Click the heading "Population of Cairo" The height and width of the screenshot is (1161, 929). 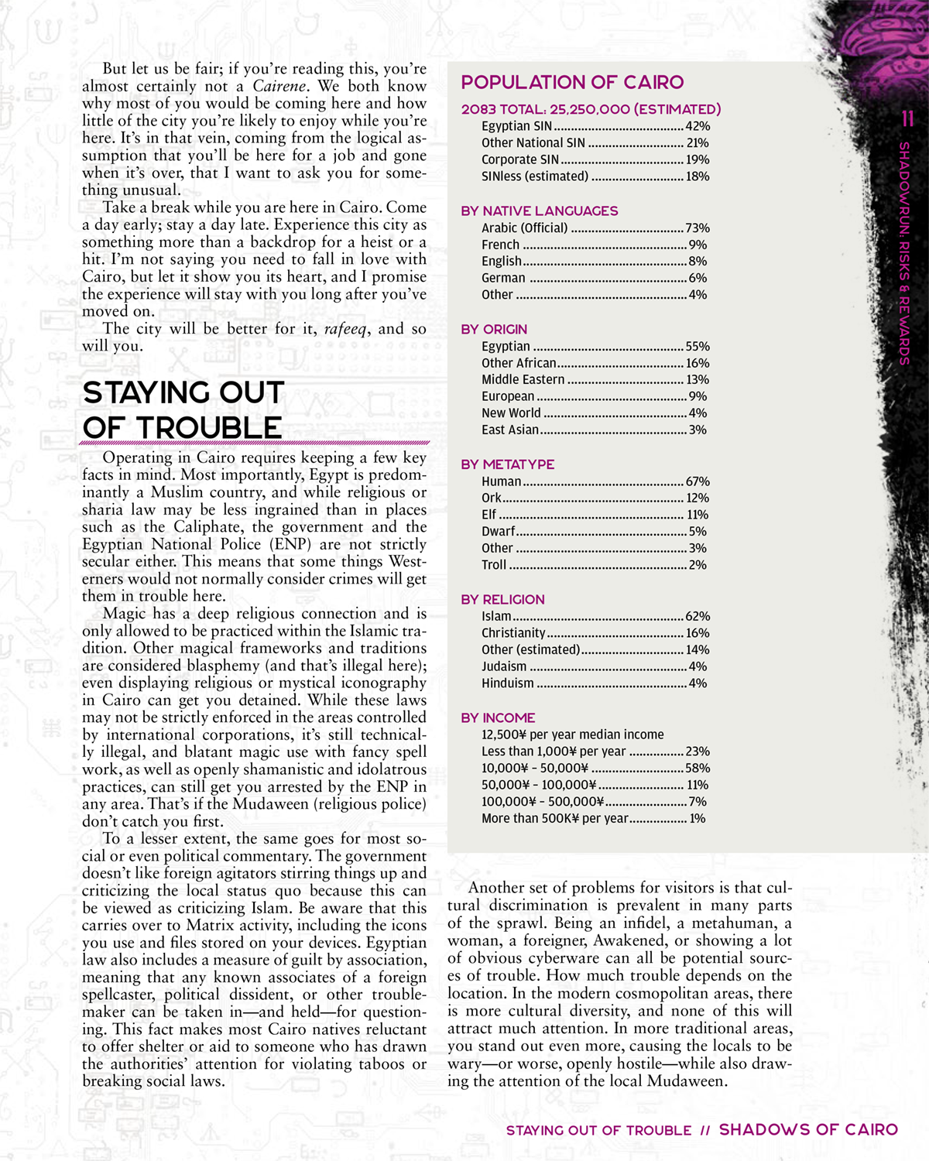pos(572,83)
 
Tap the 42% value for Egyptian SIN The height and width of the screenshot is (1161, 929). pos(698,126)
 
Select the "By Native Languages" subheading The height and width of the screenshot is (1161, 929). pos(539,211)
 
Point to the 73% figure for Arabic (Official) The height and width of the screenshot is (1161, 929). pos(698,228)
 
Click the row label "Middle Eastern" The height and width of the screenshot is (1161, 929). pos(523,380)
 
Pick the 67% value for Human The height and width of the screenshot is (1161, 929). pos(698,481)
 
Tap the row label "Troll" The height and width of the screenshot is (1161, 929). pos(493,565)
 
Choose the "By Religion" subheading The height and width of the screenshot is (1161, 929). pos(502,600)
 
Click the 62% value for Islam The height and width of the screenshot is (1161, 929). pos(698,617)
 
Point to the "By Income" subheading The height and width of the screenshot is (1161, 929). pos(498,718)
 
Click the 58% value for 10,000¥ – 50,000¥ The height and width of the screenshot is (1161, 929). pos(698,769)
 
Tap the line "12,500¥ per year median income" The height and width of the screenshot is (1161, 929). pos(572,735)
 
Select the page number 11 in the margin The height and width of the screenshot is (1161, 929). pos(907,119)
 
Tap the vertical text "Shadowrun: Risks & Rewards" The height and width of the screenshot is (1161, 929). pos(904,252)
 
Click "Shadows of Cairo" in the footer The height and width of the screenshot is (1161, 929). pos(808,1130)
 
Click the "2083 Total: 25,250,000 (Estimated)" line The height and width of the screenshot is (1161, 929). pos(591,109)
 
